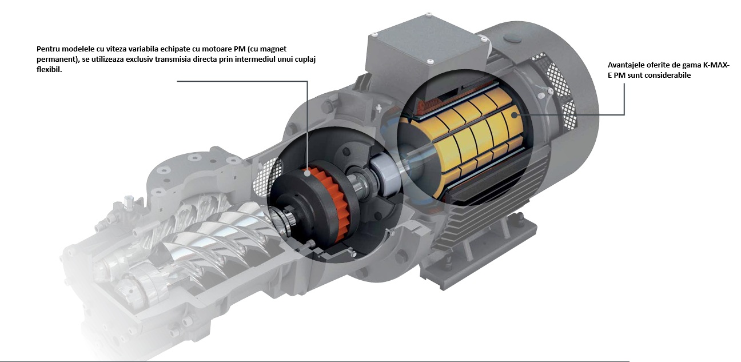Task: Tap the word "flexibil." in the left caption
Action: point(49,70)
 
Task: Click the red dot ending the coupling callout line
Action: point(307,172)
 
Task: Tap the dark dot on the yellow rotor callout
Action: point(513,115)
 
